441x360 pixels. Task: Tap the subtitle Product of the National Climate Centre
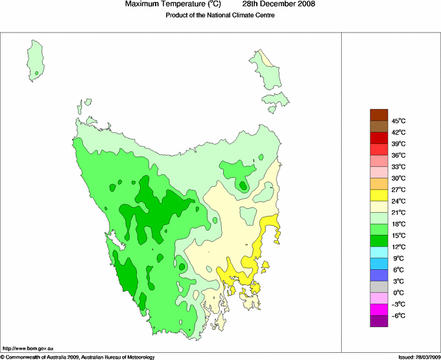220,16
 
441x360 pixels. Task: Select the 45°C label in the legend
398,121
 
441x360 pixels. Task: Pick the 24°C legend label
398,201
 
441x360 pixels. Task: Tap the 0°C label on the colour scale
398,293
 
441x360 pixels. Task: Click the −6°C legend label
398,316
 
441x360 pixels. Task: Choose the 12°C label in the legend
398,247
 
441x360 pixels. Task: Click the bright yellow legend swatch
379,195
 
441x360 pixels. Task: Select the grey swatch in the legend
379,287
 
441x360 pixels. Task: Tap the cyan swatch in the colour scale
379,253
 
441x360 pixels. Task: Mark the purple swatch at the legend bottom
379,321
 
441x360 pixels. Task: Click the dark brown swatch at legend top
379,115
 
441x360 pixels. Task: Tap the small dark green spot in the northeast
243,186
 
